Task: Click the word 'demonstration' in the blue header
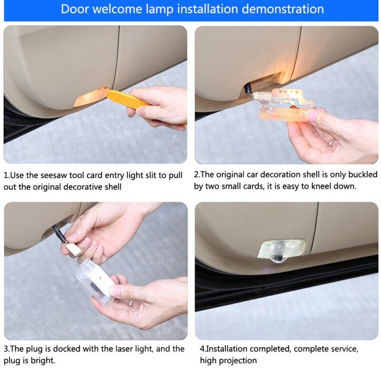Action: (x=283, y=9)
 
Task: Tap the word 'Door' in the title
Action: (x=75, y=9)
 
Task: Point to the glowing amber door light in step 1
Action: (x=90, y=97)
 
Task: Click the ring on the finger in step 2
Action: (x=331, y=142)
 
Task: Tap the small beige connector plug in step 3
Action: (x=73, y=250)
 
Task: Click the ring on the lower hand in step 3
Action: (x=130, y=302)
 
